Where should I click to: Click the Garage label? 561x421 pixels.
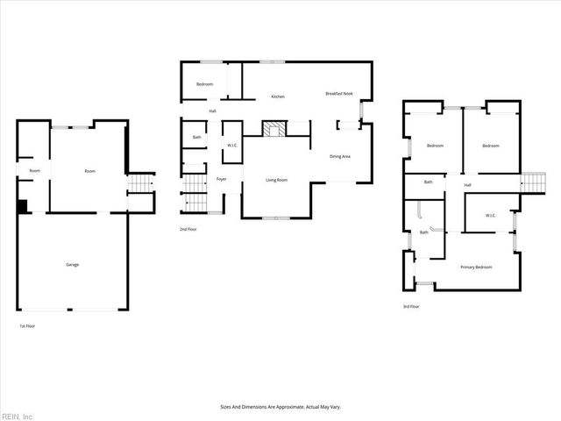point(72,264)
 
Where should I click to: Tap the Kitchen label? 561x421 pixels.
point(278,96)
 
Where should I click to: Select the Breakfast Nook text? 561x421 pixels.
point(339,94)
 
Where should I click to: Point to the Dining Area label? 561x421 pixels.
point(340,156)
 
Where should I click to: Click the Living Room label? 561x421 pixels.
point(277,180)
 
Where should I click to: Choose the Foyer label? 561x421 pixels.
point(222,180)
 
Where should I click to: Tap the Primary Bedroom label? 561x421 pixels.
point(476,267)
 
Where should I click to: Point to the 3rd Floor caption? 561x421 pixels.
point(411,306)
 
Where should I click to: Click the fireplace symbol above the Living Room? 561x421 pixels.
point(274,129)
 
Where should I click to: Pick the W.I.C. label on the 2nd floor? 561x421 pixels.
point(233,146)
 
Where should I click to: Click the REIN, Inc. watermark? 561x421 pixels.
point(18,416)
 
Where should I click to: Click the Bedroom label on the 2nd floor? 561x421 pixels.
point(204,84)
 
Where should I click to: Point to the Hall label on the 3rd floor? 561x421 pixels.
point(467,185)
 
